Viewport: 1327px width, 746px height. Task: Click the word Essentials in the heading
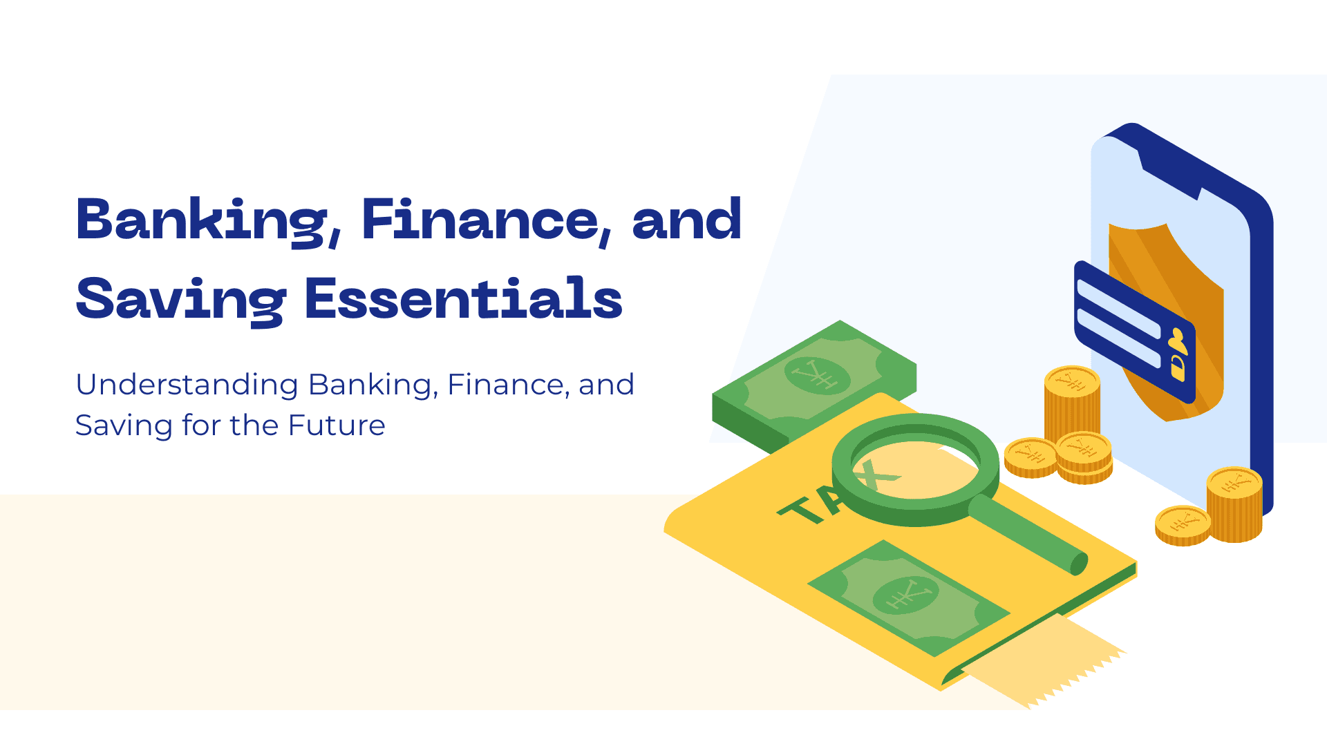(x=464, y=298)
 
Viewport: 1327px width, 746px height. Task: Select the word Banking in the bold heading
(x=200, y=220)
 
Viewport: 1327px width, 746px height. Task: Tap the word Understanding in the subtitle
(x=187, y=385)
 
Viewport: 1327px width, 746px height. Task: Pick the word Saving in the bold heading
(x=180, y=300)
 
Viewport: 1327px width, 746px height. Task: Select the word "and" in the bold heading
(x=686, y=220)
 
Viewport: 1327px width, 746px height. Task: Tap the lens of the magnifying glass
(x=916, y=470)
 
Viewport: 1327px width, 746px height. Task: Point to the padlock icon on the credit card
(x=1178, y=368)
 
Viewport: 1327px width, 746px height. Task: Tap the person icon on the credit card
(x=1178, y=341)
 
